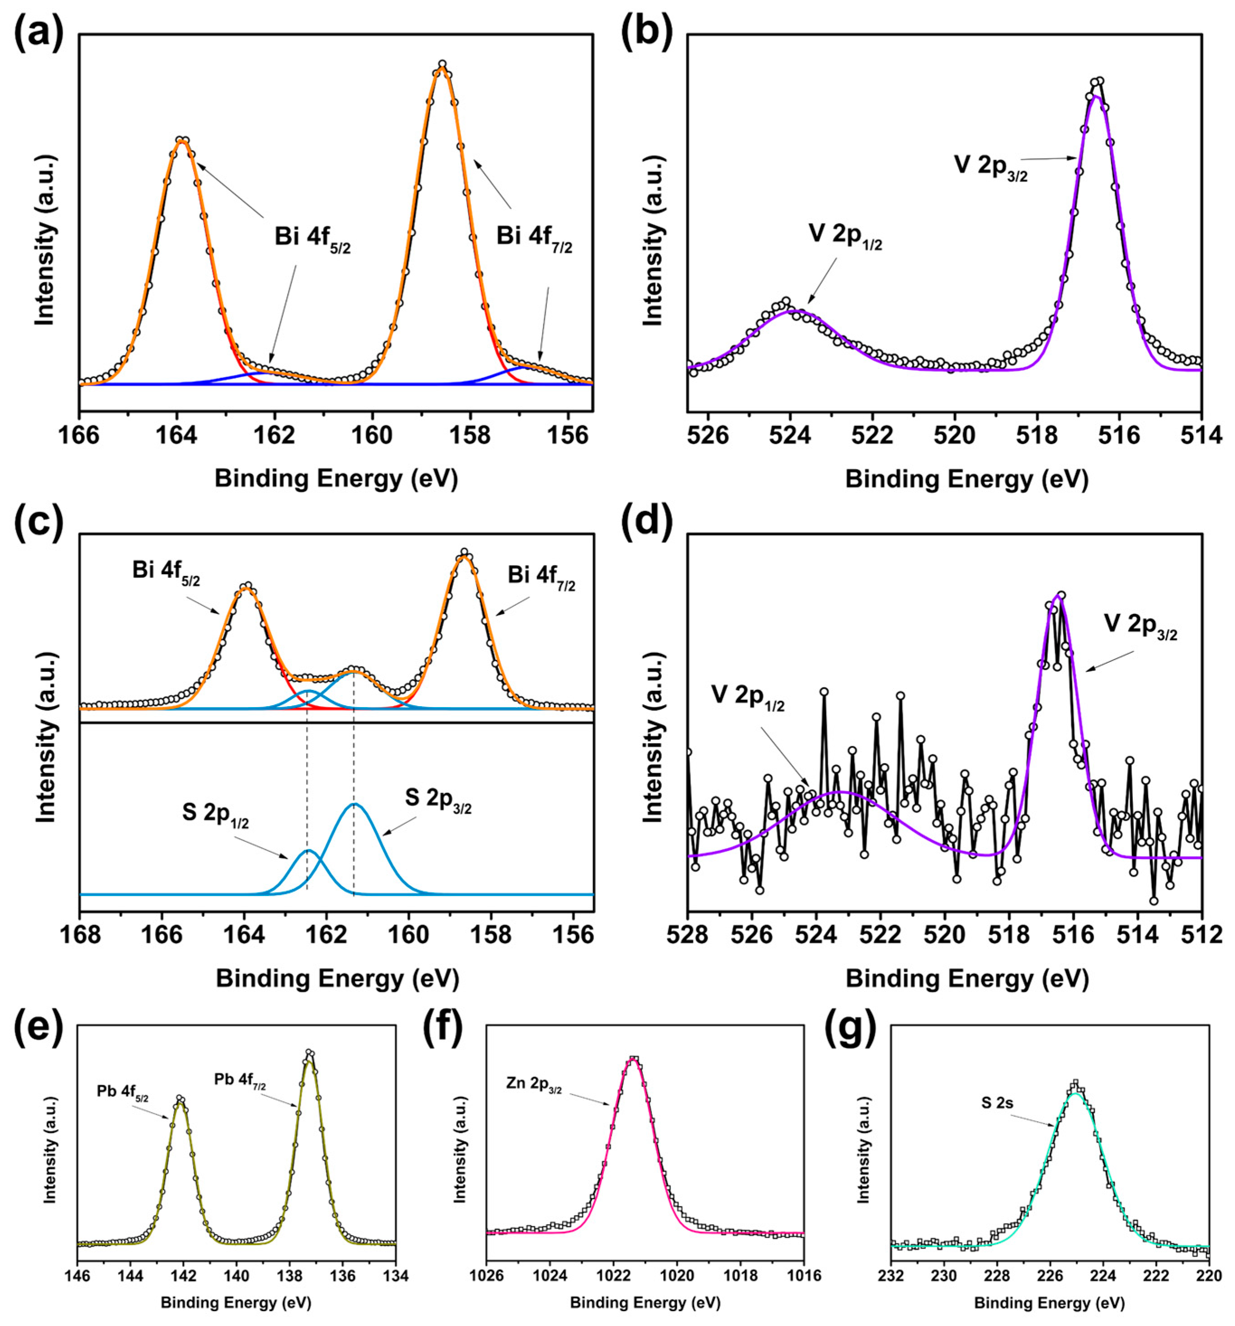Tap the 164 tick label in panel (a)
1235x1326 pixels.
coord(177,435)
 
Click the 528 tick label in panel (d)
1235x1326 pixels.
coord(688,934)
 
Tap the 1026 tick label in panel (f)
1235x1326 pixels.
coord(487,1275)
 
